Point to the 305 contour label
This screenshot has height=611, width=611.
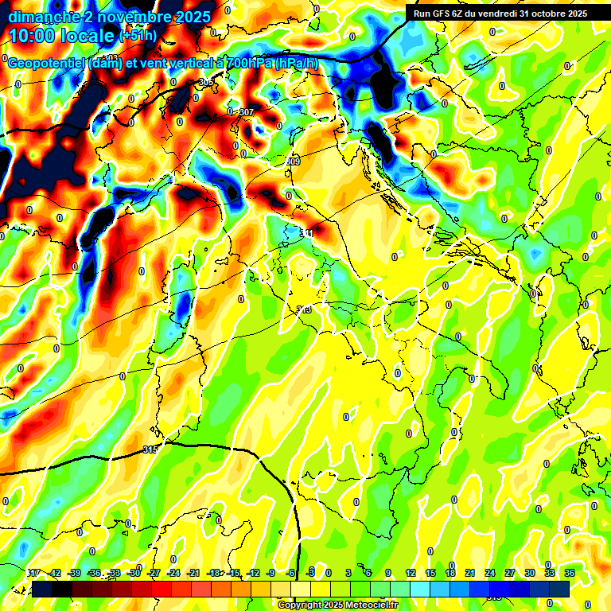206,83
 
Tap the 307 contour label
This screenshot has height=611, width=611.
246,112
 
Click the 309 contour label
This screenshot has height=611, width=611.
293,162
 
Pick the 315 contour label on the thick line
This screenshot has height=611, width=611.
150,449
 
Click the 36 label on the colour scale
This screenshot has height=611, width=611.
569,573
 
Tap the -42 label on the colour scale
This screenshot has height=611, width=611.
55,573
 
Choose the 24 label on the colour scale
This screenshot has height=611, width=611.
489,573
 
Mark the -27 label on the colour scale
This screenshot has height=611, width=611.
154,573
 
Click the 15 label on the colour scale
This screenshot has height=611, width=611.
430,573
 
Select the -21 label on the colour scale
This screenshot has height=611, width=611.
194,573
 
